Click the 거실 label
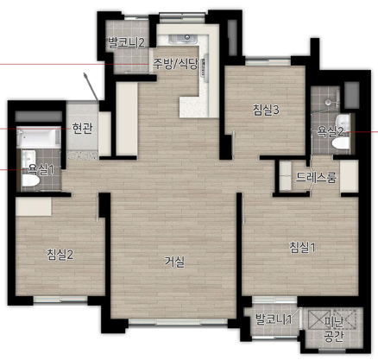[x=174, y=262]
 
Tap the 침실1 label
[x=302, y=248]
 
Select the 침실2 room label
[x=60, y=255]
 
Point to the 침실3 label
[x=266, y=110]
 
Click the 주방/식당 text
[x=175, y=64]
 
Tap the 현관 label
[x=82, y=128]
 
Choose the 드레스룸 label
[x=316, y=177]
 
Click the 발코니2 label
[x=126, y=43]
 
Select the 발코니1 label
[x=274, y=319]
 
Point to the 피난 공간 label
[x=334, y=330]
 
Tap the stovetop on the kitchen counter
[x=205, y=66]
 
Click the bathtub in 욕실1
[x=39, y=137]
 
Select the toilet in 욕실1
[x=30, y=180]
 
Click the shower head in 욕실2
[x=328, y=102]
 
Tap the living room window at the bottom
[x=179, y=322]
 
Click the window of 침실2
[x=60, y=300]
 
